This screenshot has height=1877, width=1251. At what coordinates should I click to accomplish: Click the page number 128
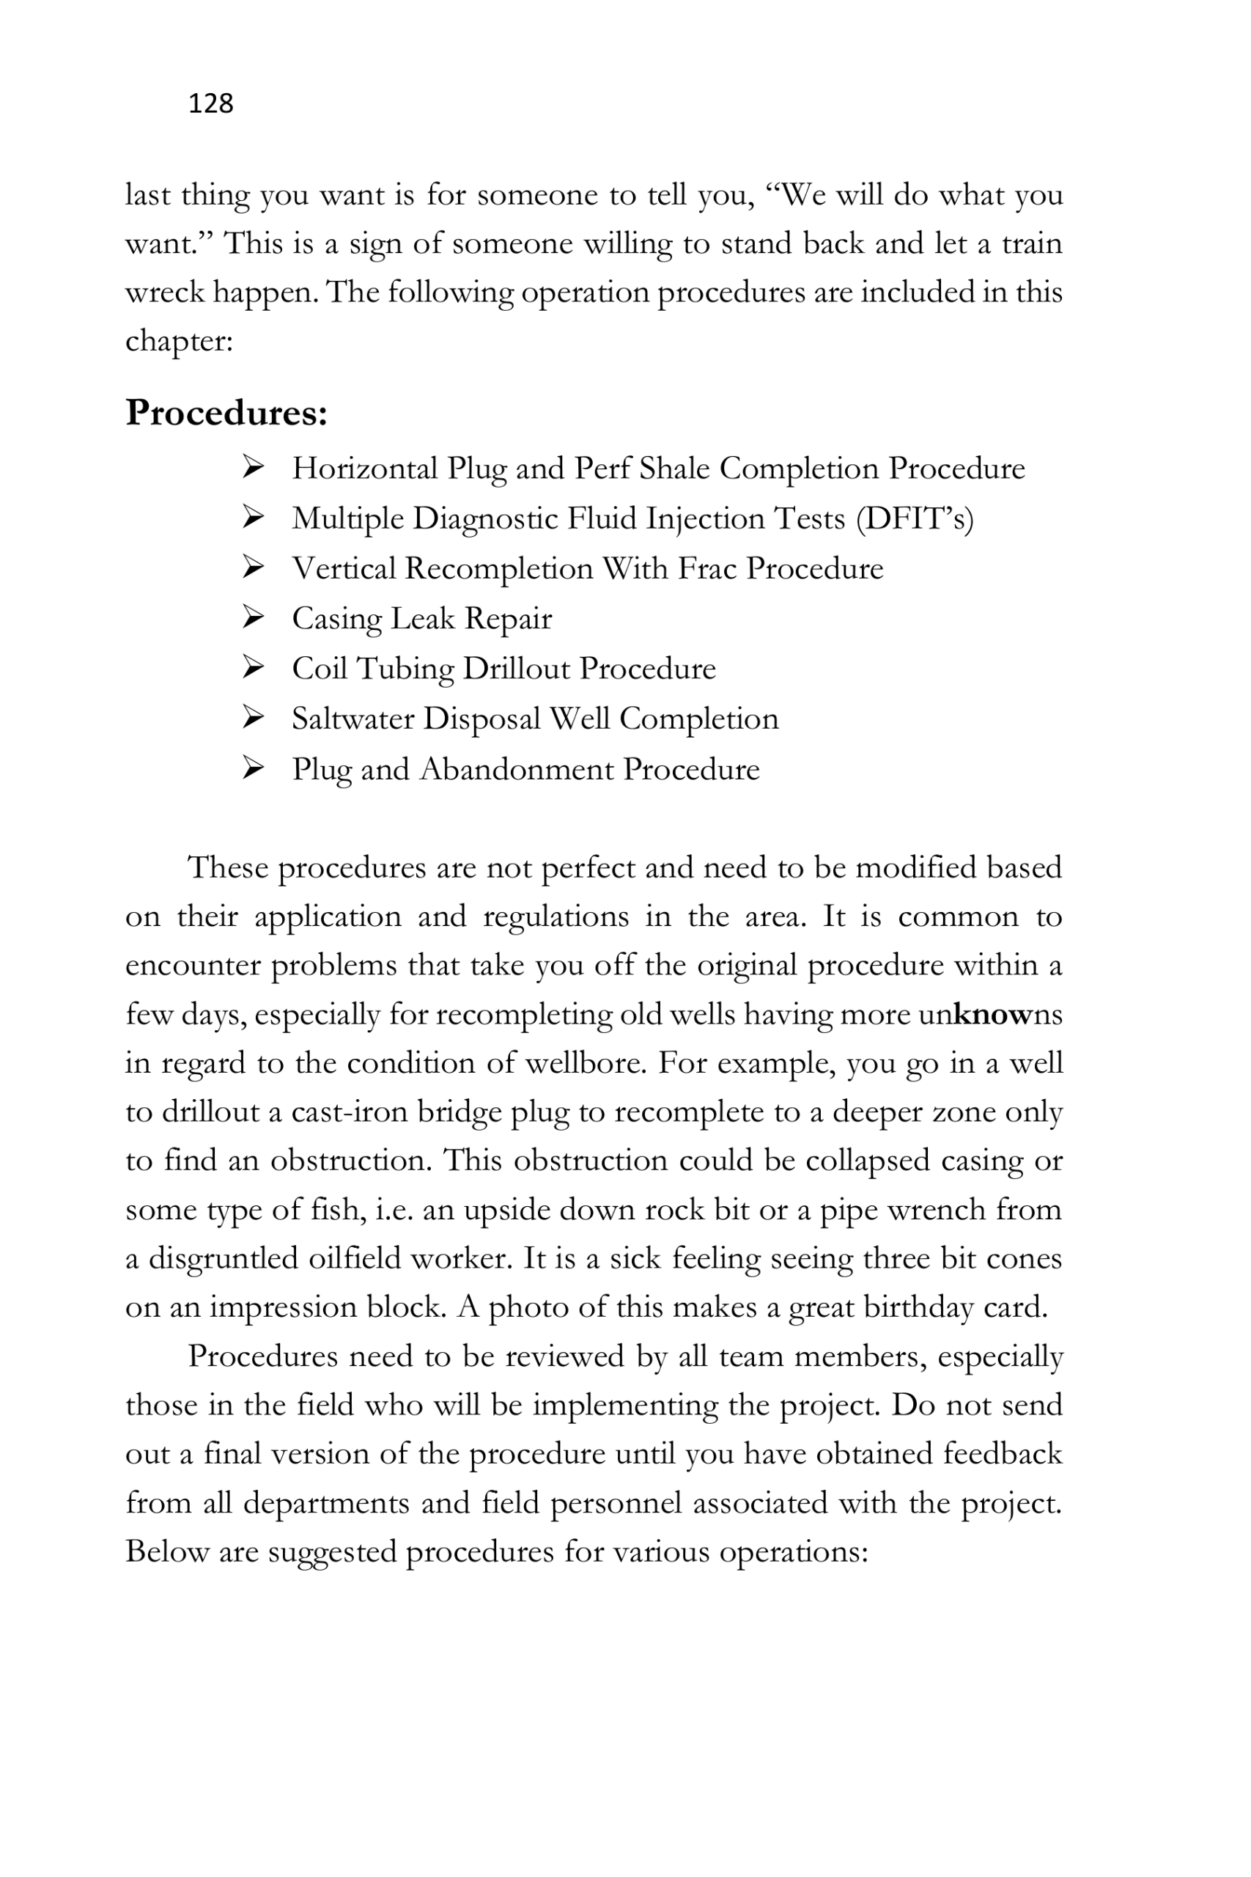(210, 103)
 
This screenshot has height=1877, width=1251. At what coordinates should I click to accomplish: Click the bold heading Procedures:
(226, 414)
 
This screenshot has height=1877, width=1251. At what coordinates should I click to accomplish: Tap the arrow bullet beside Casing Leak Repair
(253, 617)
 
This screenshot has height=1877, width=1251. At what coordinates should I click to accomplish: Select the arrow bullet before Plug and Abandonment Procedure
(253, 768)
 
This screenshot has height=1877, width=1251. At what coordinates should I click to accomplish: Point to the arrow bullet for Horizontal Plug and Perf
(253, 467)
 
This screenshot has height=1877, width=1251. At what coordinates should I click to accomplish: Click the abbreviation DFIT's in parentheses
(915, 518)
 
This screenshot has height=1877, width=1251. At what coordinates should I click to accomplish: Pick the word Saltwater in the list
(352, 719)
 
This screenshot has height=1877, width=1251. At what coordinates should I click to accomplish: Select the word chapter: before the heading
(179, 342)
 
